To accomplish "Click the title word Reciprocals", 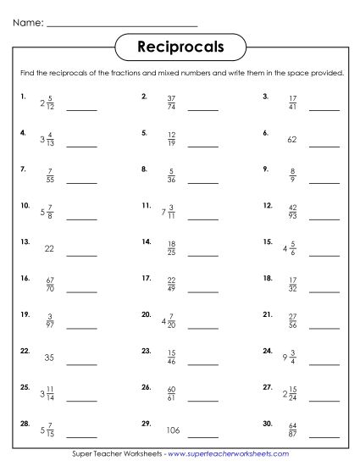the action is (180, 47).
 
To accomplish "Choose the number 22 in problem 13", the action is (49, 249).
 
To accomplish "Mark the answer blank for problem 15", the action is (324, 255).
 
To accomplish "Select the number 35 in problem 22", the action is (49, 358).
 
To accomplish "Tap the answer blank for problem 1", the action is (82, 109).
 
